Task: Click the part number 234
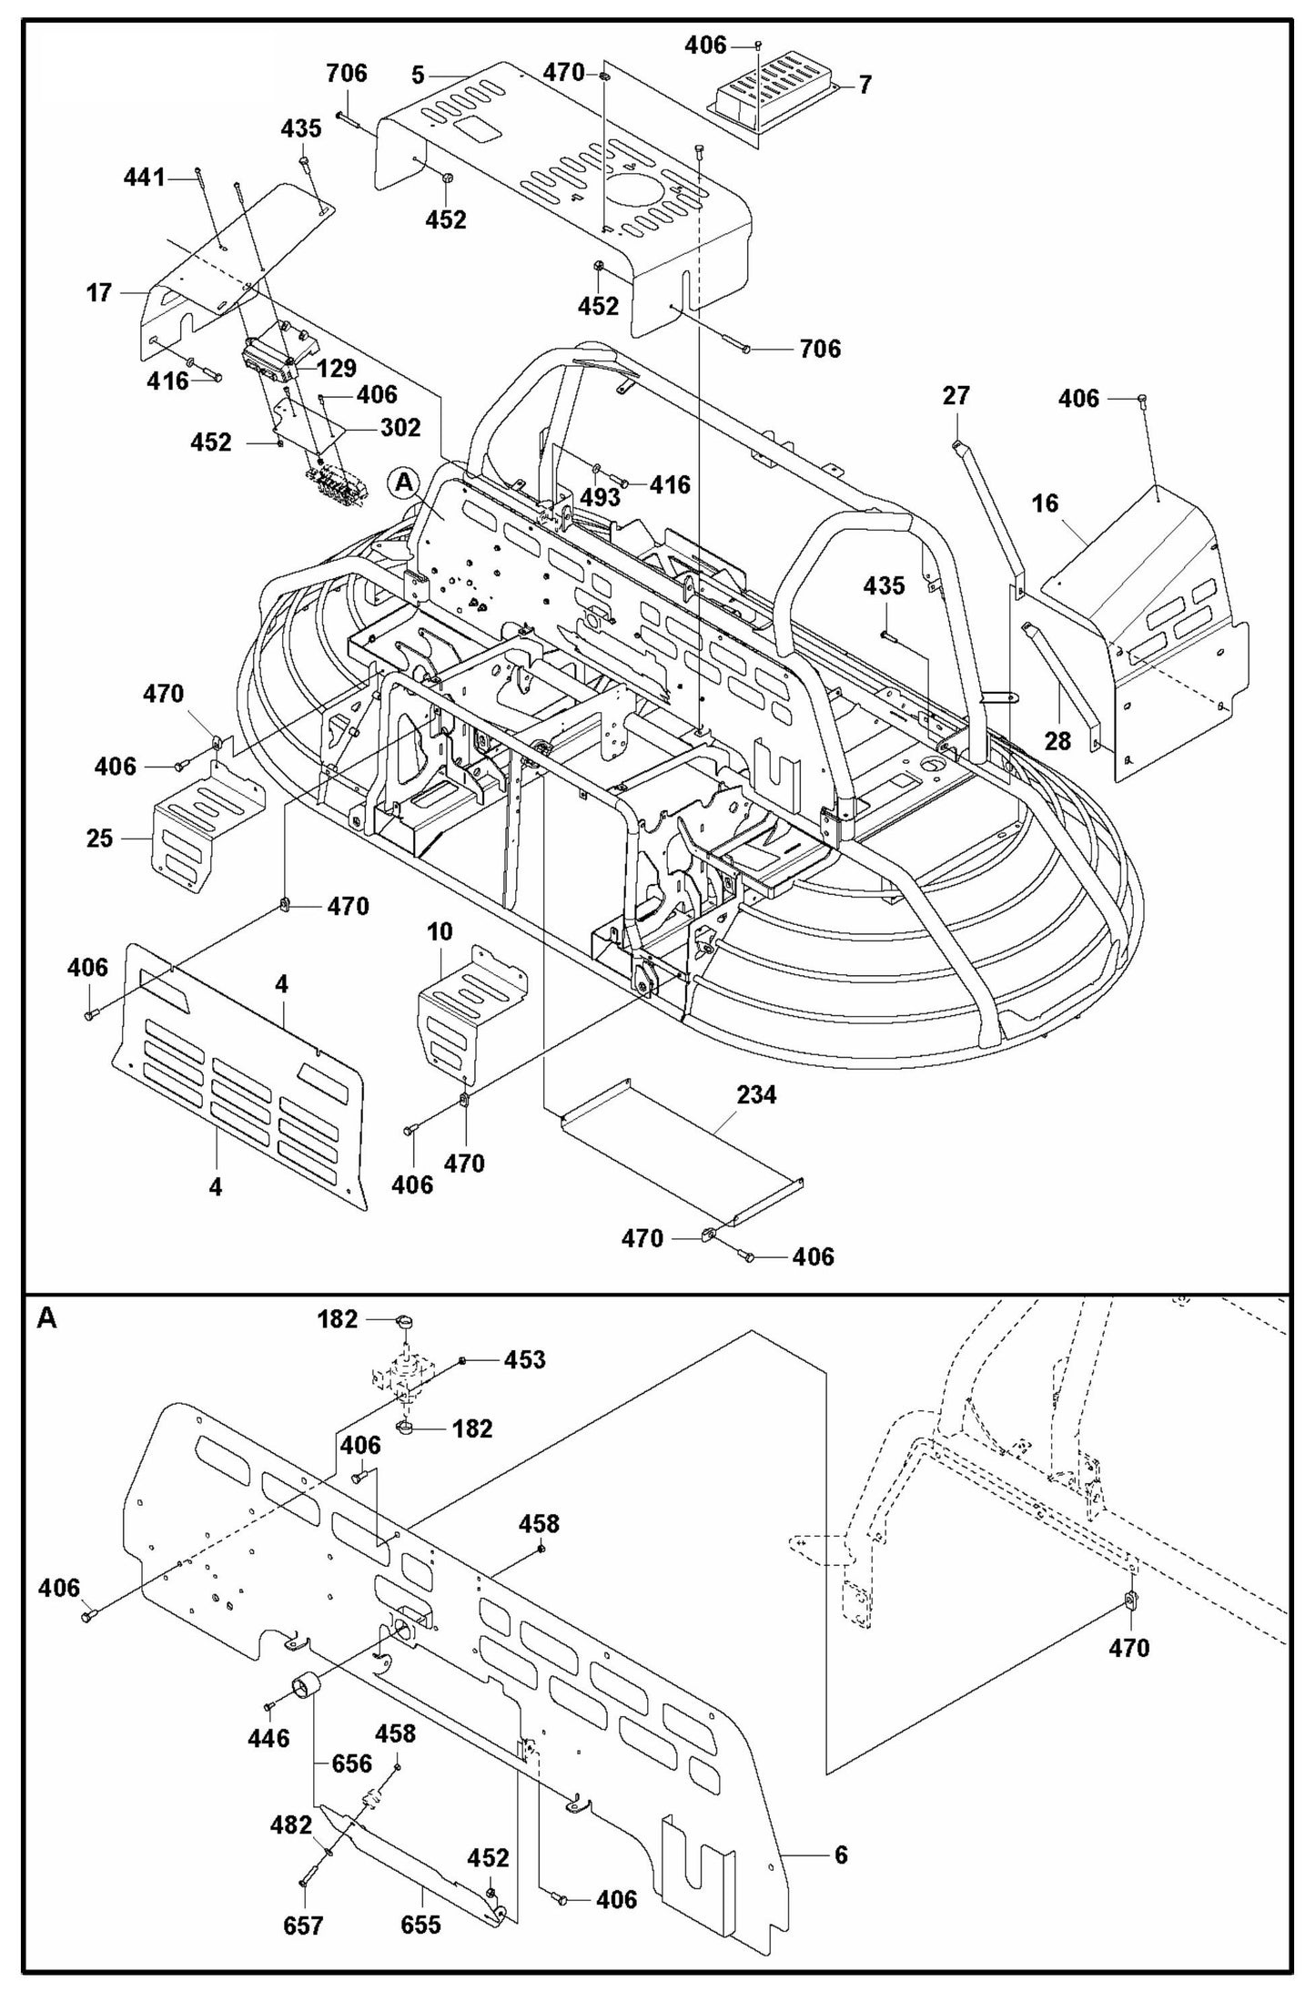pyautogui.click(x=756, y=1095)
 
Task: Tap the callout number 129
pyautogui.click(x=337, y=368)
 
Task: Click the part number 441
pyautogui.click(x=145, y=178)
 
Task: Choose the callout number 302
pyautogui.click(x=400, y=427)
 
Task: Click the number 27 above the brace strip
pyautogui.click(x=956, y=396)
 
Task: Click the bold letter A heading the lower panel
pyautogui.click(x=46, y=1319)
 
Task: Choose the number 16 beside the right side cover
pyautogui.click(x=1046, y=503)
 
